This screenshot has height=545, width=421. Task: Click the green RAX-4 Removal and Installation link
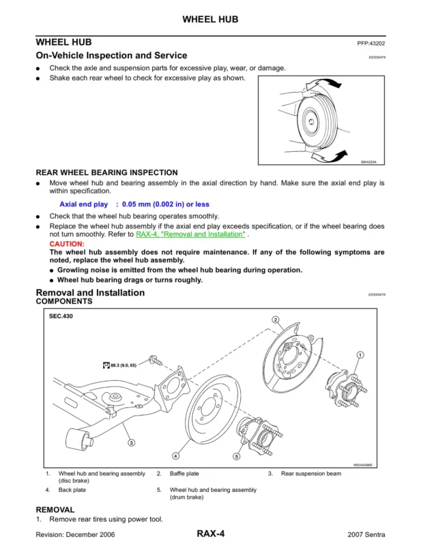(x=190, y=234)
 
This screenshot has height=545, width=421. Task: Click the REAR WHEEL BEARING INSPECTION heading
(x=106, y=172)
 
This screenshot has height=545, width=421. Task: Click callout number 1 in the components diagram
(x=360, y=354)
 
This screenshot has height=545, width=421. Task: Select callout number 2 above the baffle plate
(x=276, y=320)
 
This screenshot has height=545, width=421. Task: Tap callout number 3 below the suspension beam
(x=132, y=442)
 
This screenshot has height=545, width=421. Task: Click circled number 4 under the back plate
(x=176, y=455)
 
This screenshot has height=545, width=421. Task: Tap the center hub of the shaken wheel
(x=310, y=121)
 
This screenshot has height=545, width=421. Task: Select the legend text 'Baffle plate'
(x=184, y=473)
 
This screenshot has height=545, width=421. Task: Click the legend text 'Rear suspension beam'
(x=310, y=473)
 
